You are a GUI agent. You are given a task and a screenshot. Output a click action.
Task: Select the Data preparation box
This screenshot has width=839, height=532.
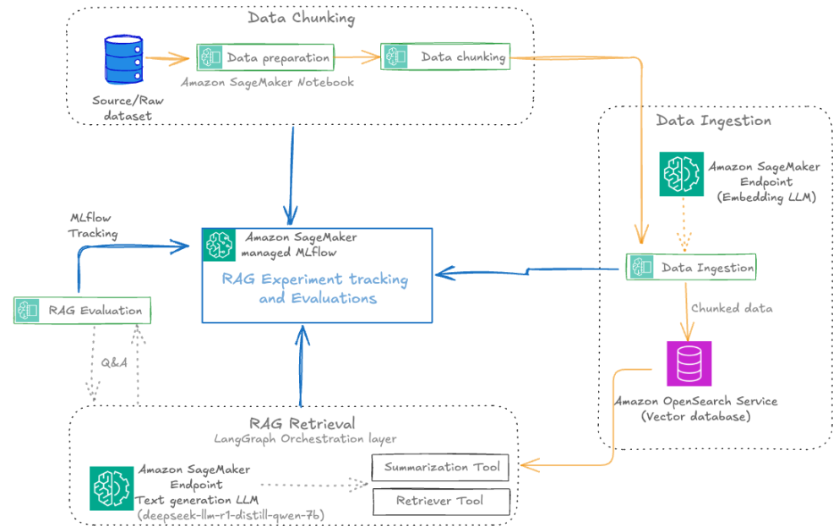tap(265, 57)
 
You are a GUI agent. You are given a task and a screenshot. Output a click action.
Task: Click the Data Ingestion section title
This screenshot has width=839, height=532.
tap(713, 120)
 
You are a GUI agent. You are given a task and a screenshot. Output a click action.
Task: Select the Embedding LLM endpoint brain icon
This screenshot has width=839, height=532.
tap(681, 175)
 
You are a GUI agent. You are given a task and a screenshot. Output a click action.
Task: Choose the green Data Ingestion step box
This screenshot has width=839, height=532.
tap(691, 267)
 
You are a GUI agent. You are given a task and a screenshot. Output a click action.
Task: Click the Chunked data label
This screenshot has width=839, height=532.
tap(732, 308)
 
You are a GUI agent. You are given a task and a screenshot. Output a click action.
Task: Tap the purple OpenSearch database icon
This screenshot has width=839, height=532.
tap(689, 363)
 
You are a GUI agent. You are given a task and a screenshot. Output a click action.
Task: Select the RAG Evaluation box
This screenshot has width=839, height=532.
tap(83, 310)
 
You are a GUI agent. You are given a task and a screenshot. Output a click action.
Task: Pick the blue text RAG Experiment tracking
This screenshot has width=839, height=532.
tap(315, 279)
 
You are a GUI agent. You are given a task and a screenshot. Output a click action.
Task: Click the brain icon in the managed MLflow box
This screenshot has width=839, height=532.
tap(220, 244)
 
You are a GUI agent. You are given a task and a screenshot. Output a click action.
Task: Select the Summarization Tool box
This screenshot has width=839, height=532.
tap(441, 467)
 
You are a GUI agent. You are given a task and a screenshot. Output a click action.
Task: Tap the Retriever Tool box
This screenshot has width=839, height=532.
tap(441, 501)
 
